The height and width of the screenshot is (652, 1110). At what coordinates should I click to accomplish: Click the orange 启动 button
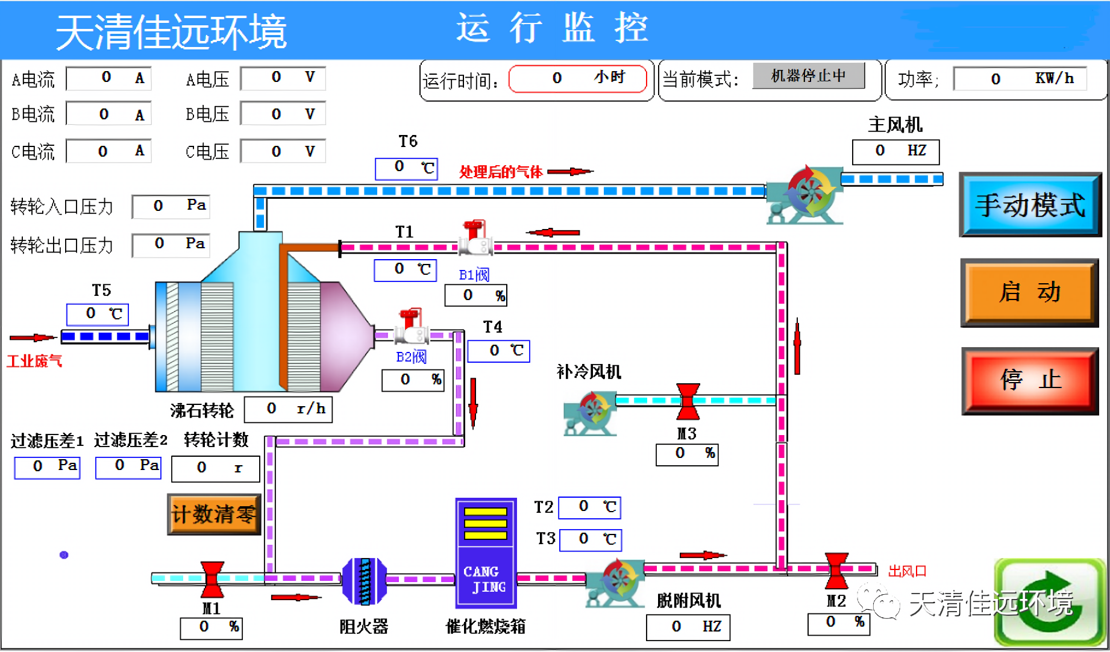[1029, 293]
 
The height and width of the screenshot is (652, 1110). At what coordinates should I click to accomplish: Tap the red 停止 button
[1030, 381]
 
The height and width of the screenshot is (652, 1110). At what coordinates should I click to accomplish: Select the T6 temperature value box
[406, 168]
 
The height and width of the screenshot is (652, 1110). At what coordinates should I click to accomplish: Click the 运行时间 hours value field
[577, 78]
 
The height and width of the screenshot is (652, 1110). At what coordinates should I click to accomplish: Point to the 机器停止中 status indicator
[808, 76]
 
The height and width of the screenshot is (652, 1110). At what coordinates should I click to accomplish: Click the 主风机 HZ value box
[895, 151]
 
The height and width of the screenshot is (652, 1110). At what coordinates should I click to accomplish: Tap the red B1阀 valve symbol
[476, 239]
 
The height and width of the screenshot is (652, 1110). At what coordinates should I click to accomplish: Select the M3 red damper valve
[688, 401]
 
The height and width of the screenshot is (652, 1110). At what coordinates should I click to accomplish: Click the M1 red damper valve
[212, 578]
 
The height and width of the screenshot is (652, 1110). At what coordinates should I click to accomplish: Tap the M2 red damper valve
[836, 569]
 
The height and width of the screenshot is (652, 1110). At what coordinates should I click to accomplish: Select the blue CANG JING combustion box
[486, 553]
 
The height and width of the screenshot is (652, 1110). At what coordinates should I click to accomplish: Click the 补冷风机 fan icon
[589, 413]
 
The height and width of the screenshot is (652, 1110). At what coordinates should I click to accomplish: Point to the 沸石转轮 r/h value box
[288, 409]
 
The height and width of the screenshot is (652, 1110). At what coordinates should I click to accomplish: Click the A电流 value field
[108, 78]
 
